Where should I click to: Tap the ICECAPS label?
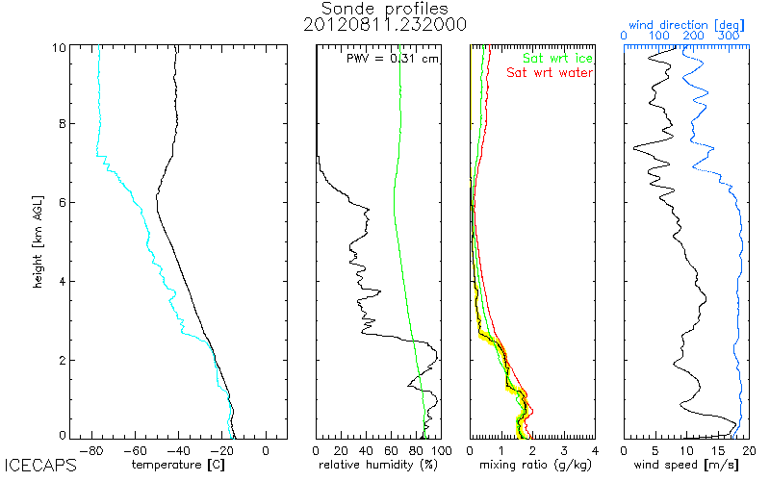[36, 466]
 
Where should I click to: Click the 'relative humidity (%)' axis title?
[377, 466]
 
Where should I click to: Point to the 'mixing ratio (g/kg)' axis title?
[532, 466]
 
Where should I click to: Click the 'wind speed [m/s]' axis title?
[685, 466]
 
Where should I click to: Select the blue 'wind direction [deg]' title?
[685, 20]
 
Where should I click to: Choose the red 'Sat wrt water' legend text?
[550, 72]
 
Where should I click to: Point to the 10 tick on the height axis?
[60, 46]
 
